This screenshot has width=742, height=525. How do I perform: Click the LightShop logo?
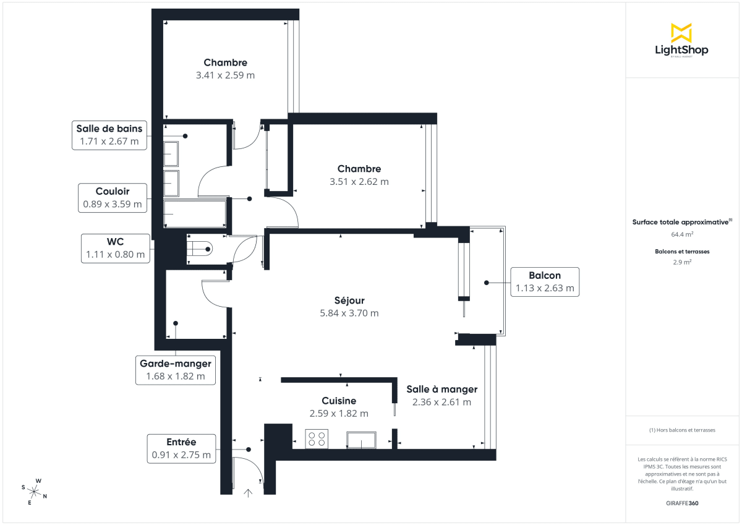point(681,41)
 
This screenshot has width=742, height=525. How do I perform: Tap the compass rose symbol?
point(35,492)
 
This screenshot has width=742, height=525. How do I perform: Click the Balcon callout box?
point(544,281)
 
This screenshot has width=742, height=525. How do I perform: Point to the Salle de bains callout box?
point(109,135)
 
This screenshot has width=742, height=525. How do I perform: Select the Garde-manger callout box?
point(176,369)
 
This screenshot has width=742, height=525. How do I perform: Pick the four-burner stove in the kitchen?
point(317,439)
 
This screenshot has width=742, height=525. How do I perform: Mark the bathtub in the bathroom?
point(195,213)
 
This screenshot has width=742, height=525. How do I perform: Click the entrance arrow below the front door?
point(249,493)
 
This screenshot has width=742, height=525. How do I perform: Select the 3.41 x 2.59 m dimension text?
point(225,75)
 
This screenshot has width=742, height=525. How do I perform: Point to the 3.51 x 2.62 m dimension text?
point(359,182)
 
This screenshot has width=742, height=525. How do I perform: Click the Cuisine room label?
point(339,401)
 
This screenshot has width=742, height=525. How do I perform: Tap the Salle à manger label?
point(441,389)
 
